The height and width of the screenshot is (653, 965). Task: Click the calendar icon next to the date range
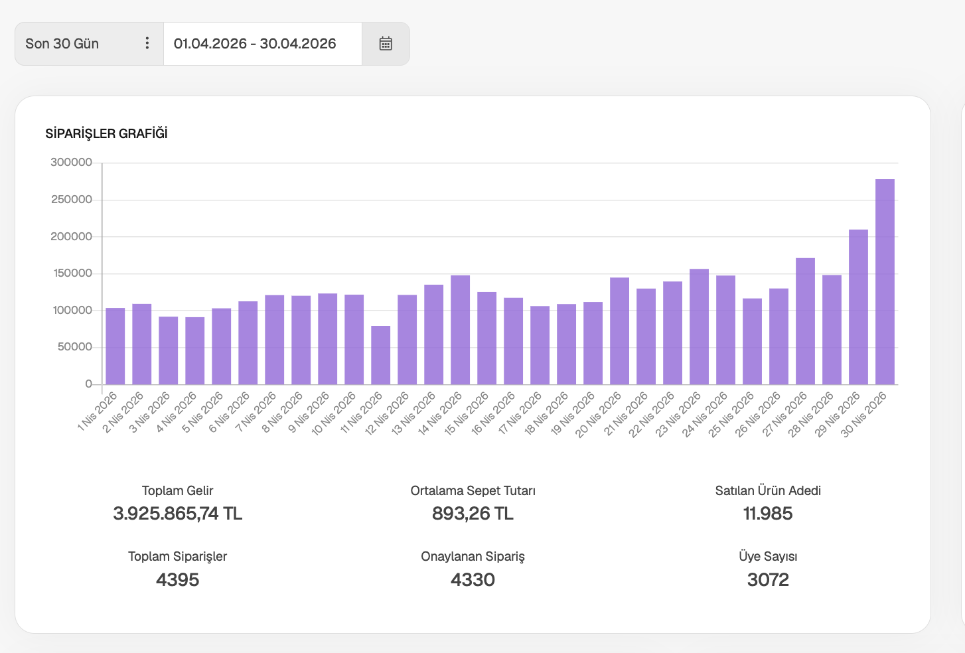(386, 44)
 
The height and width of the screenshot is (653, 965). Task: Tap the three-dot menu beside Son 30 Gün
(147, 43)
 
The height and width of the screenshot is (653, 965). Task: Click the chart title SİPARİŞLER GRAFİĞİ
(106, 133)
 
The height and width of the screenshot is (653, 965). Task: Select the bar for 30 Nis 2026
(885, 281)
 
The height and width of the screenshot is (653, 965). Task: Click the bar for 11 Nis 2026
(380, 355)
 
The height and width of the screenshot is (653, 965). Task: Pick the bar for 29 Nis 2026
(858, 307)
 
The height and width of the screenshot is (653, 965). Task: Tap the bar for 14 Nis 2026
(460, 330)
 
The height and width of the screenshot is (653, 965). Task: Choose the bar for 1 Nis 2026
(115, 346)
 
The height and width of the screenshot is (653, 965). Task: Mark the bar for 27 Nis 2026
(805, 321)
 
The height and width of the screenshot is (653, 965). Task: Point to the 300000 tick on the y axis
(71, 163)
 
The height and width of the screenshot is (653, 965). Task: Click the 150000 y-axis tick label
(72, 273)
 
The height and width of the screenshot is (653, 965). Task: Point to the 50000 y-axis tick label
(74, 347)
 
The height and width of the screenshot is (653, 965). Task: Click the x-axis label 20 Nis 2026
(598, 414)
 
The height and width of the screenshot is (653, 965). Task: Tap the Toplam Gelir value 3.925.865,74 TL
(177, 514)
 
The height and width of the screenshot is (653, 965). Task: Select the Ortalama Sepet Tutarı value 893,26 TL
(473, 514)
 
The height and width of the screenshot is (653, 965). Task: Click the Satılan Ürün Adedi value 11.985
(768, 514)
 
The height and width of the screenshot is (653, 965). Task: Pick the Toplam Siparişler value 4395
(177, 580)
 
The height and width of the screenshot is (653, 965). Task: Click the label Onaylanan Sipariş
(473, 557)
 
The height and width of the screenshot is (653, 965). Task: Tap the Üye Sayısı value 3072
(768, 580)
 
